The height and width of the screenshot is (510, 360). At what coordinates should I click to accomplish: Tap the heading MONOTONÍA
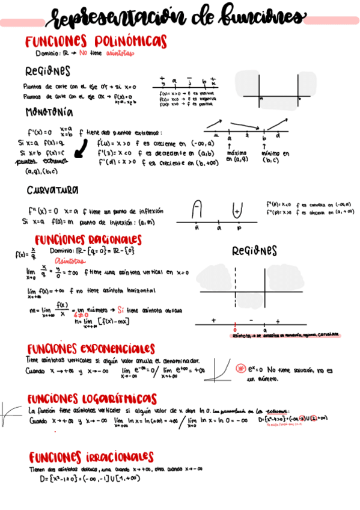click(x=49, y=112)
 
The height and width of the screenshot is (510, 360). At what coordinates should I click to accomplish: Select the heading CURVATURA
click(x=52, y=189)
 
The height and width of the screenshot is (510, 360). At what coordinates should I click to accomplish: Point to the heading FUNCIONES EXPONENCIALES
click(x=90, y=349)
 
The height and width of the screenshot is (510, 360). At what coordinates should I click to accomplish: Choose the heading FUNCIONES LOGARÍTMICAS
click(x=91, y=399)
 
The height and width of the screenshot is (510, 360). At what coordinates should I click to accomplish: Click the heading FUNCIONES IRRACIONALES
click(x=91, y=457)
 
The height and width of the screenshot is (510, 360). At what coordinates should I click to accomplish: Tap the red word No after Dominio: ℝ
click(x=83, y=53)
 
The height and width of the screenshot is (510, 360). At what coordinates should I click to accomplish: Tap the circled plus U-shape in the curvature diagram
click(x=237, y=210)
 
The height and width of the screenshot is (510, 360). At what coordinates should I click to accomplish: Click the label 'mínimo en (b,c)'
click(x=275, y=157)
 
